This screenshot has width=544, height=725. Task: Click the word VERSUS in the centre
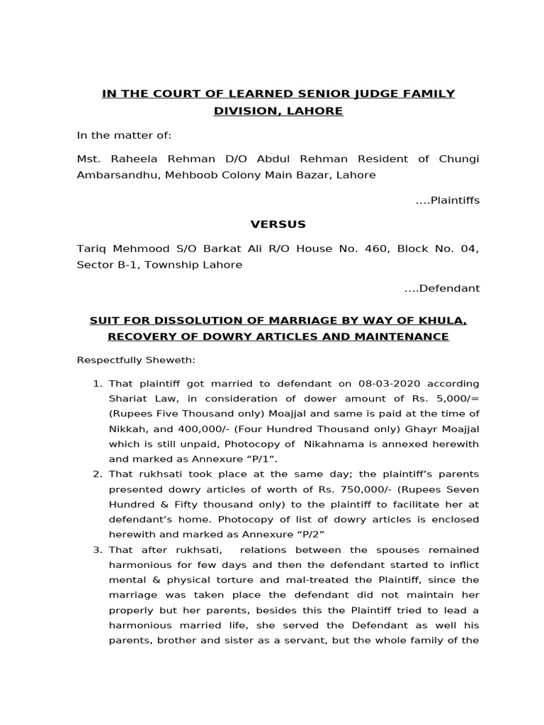tap(278, 224)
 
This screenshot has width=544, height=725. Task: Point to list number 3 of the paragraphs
tap(98, 550)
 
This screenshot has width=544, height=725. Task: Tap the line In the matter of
tap(124, 135)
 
